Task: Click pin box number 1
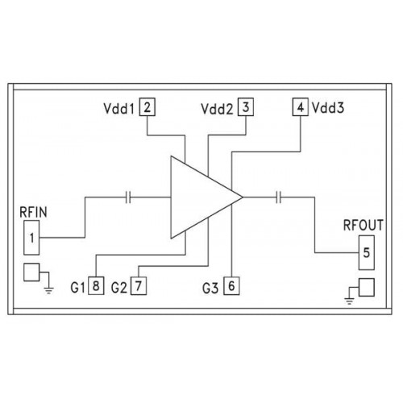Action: click(x=31, y=238)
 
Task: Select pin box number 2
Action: click(x=147, y=107)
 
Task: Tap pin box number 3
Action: click(x=246, y=107)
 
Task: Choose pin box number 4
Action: click(x=301, y=107)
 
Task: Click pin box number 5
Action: click(x=367, y=253)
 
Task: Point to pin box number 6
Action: click(x=231, y=286)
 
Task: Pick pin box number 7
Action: click(x=139, y=286)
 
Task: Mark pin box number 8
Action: click(x=96, y=285)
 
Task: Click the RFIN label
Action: click(x=33, y=212)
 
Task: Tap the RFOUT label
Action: click(x=364, y=225)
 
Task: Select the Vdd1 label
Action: click(x=118, y=109)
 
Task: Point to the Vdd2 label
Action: click(x=217, y=109)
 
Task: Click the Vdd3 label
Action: click(x=328, y=108)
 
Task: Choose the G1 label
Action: click(x=77, y=288)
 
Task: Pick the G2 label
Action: click(x=119, y=288)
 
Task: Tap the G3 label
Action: click(x=210, y=289)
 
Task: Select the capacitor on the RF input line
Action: click(x=128, y=197)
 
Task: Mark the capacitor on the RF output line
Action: click(x=279, y=197)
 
